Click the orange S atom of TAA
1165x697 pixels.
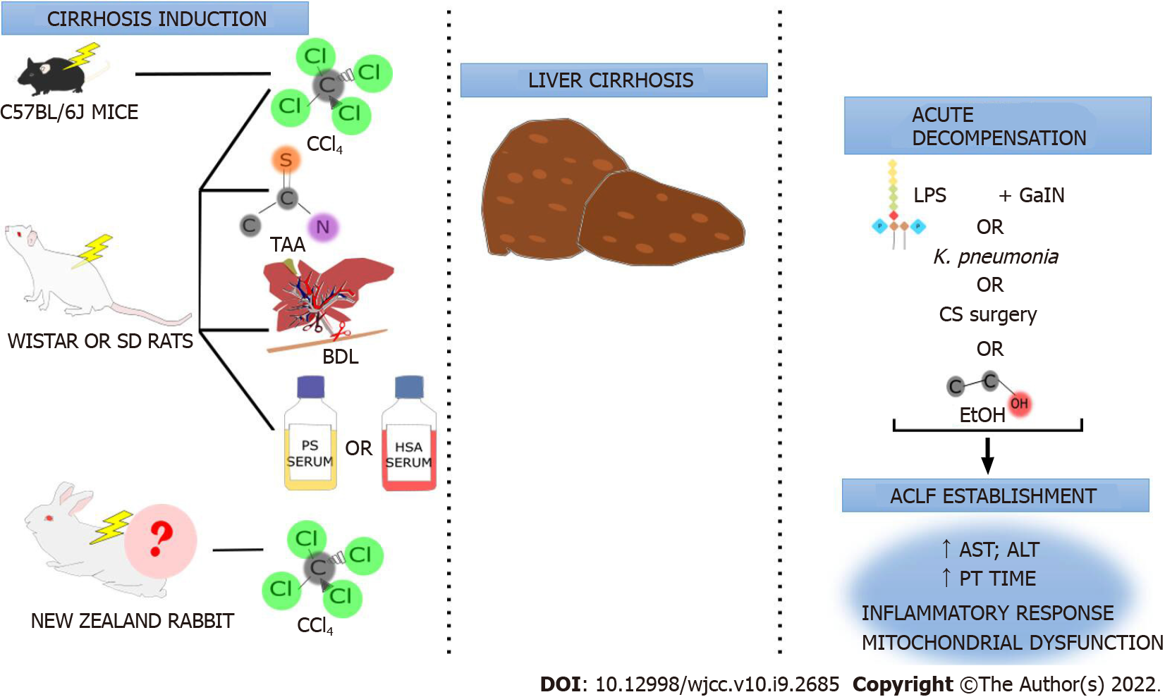click(x=286, y=160)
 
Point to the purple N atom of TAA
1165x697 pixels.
click(x=323, y=227)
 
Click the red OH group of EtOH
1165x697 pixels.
click(x=1019, y=404)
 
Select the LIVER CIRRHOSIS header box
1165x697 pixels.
click(x=613, y=80)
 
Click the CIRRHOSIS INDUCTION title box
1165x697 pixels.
click(x=155, y=18)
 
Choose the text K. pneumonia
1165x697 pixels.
click(x=995, y=257)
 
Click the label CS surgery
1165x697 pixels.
click(x=987, y=314)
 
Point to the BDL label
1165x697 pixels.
click(x=340, y=357)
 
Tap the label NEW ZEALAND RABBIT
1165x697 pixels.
click(x=132, y=621)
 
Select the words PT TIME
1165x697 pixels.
click(x=997, y=579)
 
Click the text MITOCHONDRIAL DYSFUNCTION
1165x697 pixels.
click(x=1011, y=643)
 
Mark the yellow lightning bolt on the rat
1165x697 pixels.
click(x=94, y=250)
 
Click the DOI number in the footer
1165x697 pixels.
click(x=716, y=684)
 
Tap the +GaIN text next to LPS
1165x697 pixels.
click(x=1031, y=195)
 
